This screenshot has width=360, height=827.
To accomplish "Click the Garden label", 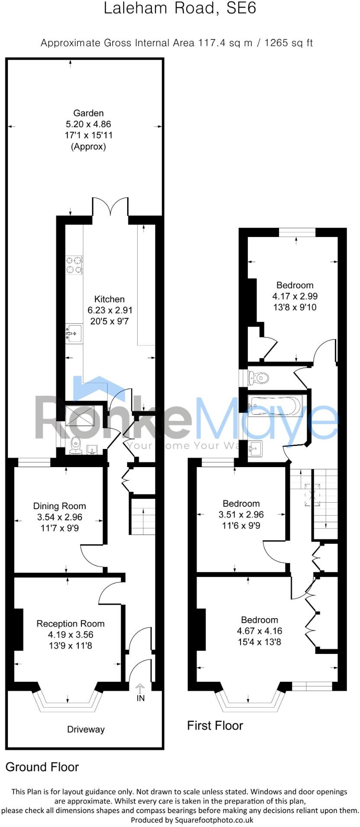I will coord(88,113).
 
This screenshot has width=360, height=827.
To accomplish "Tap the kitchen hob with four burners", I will coord(74,265).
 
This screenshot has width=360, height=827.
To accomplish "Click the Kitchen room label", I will coord(109,299).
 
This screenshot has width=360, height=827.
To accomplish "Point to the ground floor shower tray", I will coord(80,415).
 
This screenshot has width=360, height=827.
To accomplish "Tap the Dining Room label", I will coord(60,506).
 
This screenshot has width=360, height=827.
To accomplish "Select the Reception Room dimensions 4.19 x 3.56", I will coord(71,635).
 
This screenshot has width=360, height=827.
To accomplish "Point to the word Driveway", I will coord(86,730).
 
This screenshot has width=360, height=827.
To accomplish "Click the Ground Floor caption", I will coord(42,767).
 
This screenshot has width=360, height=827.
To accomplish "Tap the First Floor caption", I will coord(215,725).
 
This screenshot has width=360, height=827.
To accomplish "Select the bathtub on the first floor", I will coord(275,406).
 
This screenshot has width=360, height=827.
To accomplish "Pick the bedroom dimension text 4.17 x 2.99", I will coord(295,296).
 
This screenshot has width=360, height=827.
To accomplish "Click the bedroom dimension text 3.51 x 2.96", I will coord(241,515).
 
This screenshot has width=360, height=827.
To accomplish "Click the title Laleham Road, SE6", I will coord(180,9).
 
